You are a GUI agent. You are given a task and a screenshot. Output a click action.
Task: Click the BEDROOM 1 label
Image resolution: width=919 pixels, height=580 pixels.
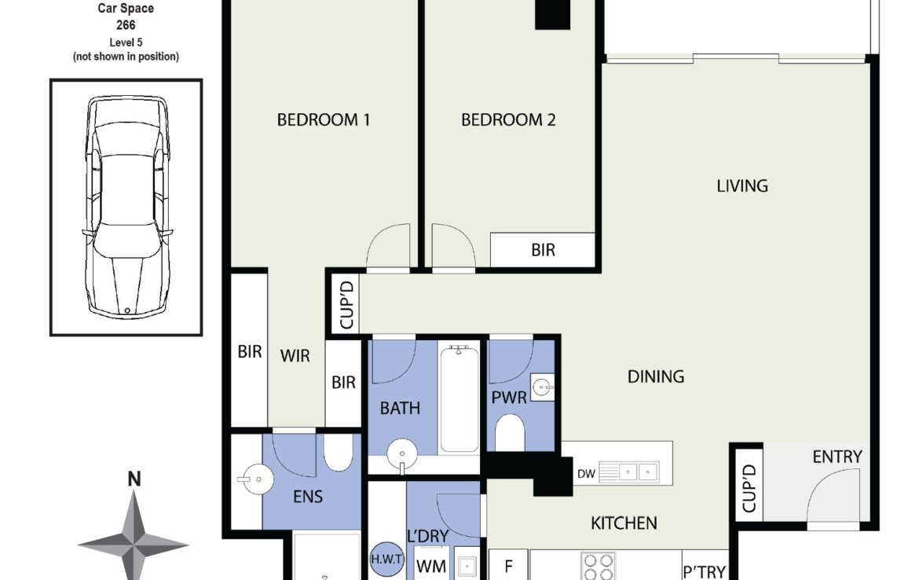[324, 119]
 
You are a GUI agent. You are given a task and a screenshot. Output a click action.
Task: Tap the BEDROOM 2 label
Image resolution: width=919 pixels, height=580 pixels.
[508, 119]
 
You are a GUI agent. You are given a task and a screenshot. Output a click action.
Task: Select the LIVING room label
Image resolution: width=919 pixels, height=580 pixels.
[742, 186]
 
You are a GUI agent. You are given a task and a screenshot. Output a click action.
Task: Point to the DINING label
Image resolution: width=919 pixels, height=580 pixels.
[656, 376]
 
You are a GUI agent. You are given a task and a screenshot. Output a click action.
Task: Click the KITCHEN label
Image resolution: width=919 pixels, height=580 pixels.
[624, 523]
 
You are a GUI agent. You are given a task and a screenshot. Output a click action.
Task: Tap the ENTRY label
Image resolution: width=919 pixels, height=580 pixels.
[837, 457]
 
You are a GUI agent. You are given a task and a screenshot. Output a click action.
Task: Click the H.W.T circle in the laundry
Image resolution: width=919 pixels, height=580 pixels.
[386, 558]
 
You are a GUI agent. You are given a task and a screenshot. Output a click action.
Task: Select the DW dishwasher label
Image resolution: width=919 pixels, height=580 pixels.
[586, 474]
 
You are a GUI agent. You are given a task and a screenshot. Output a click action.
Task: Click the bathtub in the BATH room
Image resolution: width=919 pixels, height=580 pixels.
[459, 398]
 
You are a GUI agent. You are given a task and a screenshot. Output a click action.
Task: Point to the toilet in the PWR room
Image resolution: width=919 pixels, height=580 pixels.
[510, 433]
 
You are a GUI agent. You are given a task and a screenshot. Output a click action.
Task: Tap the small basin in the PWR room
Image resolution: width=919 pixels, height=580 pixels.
[542, 387]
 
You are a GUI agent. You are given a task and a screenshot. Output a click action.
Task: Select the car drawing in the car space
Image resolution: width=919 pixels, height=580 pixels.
[126, 206]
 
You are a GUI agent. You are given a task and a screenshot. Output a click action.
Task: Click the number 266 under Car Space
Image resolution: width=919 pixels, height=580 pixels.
[126, 25]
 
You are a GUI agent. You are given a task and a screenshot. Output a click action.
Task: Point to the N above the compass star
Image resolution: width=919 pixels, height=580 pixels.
[134, 479]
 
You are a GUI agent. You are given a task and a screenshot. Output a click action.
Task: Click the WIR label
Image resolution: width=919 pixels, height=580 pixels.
[295, 356]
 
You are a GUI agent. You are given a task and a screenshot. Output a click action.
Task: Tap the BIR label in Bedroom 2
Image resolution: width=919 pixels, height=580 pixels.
[543, 251]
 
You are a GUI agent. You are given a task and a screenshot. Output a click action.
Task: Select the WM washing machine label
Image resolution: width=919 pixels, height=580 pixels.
[430, 567]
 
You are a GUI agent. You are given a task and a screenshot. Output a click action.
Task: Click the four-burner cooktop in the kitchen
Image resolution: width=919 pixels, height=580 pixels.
[599, 566]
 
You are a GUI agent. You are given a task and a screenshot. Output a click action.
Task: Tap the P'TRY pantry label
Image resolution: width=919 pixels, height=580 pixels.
[705, 572]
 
